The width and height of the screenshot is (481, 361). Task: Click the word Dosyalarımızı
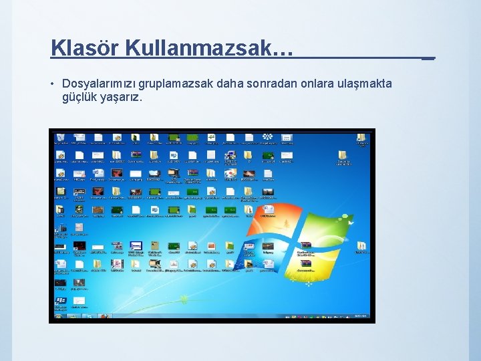tap(99, 84)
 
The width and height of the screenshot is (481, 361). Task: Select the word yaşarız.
tap(123, 97)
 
